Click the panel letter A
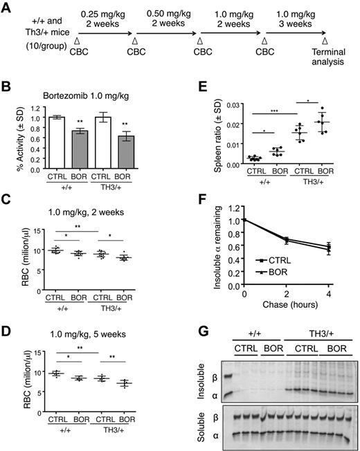(x=8, y=8)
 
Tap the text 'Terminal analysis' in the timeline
(x=326, y=65)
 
